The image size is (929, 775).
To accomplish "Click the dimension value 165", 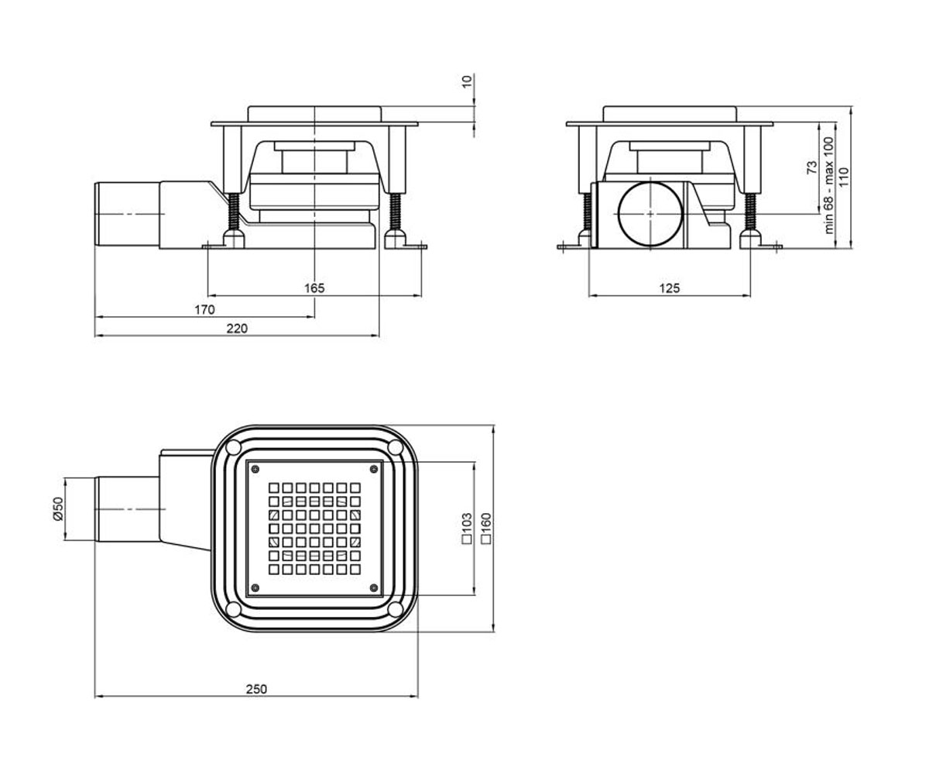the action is coord(314,288).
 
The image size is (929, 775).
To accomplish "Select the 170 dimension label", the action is coord(204,309).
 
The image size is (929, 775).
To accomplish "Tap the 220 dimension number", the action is coord(237,329).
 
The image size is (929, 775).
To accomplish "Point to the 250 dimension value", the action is coord(256,689).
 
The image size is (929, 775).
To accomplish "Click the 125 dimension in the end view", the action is coord(669,288).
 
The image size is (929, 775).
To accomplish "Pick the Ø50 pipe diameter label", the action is coord(59,508).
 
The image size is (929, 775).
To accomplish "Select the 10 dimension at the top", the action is coord(467,81).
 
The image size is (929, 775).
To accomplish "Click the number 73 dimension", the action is coord(812,167).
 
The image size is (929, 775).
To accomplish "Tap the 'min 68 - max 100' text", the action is coord(828,185).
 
